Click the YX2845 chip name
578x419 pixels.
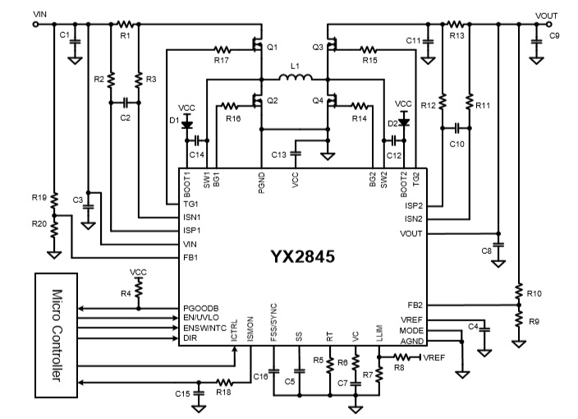(302, 256)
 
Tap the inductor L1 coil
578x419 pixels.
(294, 80)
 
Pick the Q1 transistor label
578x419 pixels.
(273, 47)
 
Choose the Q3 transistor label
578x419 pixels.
(317, 47)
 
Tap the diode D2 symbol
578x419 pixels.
(403, 124)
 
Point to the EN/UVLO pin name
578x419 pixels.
(204, 317)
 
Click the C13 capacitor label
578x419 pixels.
(279, 154)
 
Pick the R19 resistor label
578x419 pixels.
(39, 198)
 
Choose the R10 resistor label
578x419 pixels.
(534, 292)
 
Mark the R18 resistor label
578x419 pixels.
(223, 393)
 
